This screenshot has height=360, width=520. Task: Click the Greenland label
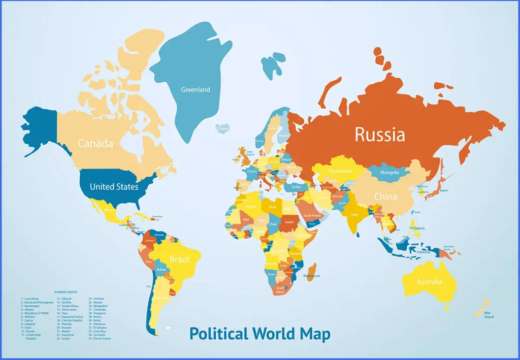click(196, 90)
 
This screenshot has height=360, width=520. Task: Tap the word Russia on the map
click(380, 135)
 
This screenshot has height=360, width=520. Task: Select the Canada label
click(95, 143)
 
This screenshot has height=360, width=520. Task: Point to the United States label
click(114, 187)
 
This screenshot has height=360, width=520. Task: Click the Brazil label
click(179, 259)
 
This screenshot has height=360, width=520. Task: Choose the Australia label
click(429, 282)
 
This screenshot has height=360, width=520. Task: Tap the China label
click(385, 197)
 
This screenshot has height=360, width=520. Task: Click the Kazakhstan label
click(340, 171)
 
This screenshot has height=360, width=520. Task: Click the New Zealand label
click(489, 315)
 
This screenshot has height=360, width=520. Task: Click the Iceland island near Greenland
click(222, 128)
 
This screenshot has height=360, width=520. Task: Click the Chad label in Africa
click(273, 224)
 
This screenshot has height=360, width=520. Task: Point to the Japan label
click(444, 191)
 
